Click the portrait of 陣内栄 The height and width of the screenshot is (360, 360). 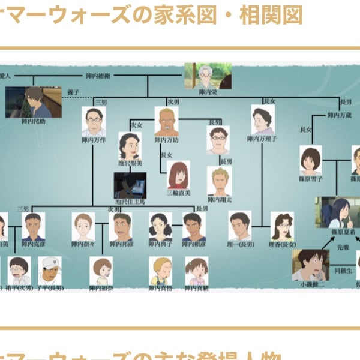(208, 75)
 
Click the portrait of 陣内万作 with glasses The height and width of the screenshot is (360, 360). (94, 122)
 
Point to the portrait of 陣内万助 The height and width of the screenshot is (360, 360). (166, 121)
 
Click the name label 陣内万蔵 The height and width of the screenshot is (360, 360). (340, 115)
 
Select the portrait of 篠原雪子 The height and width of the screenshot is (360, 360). (311, 160)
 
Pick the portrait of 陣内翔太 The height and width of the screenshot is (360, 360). (220, 181)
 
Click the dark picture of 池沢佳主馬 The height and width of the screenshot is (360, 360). (130, 185)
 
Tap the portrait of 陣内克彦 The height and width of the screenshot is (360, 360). (34, 226)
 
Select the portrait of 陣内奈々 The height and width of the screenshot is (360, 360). (83, 226)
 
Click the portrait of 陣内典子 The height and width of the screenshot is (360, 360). (160, 226)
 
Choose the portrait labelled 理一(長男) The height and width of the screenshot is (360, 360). (240, 225)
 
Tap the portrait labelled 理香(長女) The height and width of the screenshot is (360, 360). (282, 226)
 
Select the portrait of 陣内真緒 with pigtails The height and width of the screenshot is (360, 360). (196, 271)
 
